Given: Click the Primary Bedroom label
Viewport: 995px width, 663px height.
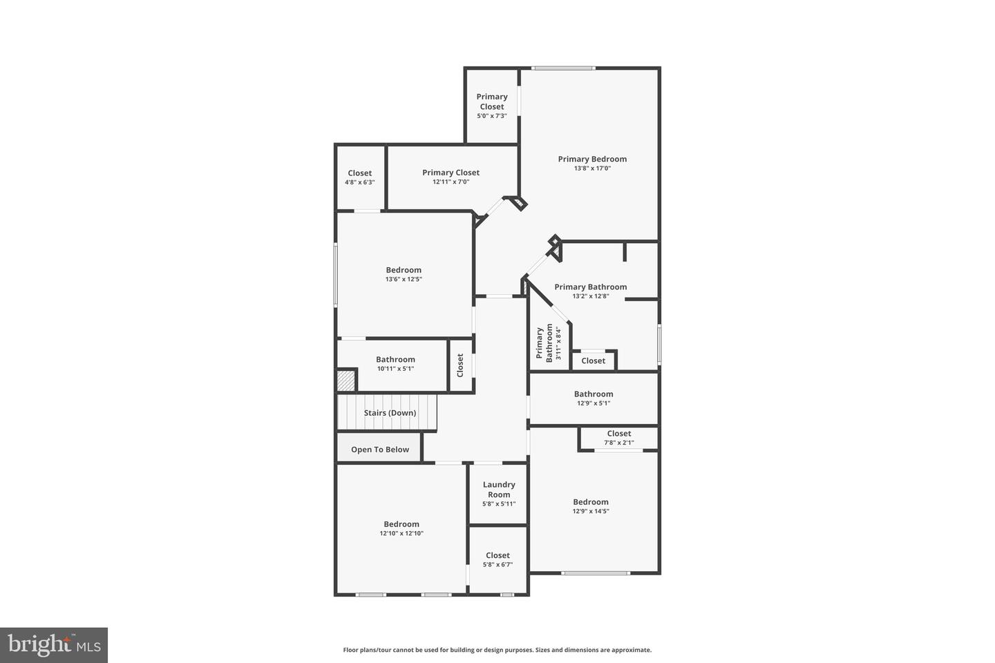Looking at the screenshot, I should click(x=592, y=159).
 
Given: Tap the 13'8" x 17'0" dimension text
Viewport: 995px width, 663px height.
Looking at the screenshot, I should click(x=592, y=169).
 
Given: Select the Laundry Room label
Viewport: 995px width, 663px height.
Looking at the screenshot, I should click(x=499, y=489).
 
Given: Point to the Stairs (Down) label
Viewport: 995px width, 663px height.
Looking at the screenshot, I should click(x=390, y=413).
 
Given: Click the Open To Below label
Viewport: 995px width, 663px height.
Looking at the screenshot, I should click(x=379, y=450).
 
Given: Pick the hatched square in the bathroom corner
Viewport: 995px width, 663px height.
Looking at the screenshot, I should click(x=345, y=381).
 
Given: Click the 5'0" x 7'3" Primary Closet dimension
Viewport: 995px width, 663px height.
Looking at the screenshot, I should click(x=491, y=116).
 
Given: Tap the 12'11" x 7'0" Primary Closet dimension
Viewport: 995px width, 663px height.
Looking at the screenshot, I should click(x=451, y=182).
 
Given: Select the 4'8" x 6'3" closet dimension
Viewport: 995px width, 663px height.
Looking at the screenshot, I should click(x=359, y=182).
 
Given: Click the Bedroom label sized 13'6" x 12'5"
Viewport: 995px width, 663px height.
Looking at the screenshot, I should click(x=404, y=270).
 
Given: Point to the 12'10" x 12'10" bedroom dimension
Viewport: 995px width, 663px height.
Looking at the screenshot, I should click(x=401, y=533).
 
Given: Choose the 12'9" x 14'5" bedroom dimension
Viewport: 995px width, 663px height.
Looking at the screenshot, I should click(x=590, y=512).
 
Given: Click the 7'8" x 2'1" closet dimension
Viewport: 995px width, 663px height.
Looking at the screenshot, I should click(x=618, y=443).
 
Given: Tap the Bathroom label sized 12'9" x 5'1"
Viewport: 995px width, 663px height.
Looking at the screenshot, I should click(x=593, y=394).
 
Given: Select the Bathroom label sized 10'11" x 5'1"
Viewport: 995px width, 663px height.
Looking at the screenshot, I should click(x=395, y=359).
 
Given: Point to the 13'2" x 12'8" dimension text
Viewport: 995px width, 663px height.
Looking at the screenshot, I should click(x=590, y=296).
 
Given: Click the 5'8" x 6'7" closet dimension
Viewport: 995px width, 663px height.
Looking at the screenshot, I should click(x=497, y=564).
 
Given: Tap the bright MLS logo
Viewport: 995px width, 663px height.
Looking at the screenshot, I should click(x=54, y=645).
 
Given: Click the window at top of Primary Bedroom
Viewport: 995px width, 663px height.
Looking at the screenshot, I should click(x=563, y=68).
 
